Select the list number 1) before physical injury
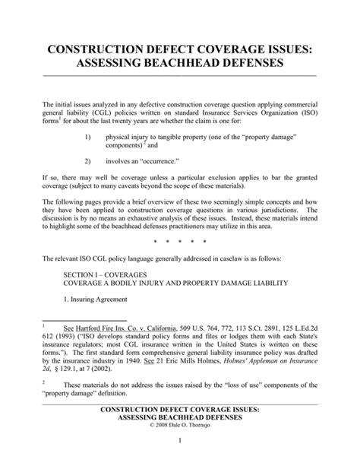(x=88, y=135)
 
